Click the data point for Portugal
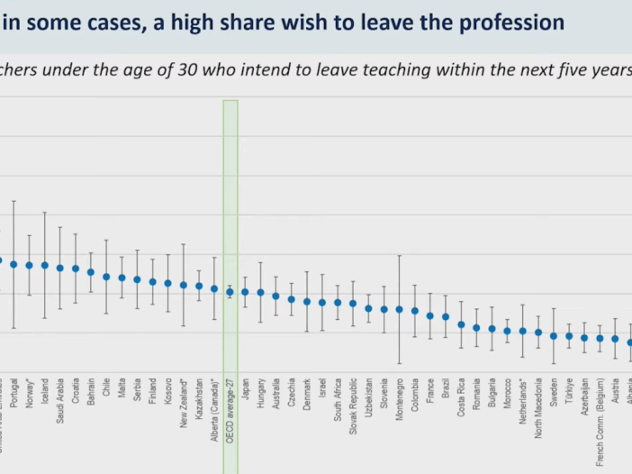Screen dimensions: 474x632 pyautogui.click(x=14, y=264)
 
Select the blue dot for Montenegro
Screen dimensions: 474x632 pyautogui.click(x=400, y=309)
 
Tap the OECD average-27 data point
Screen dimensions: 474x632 pyautogui.click(x=230, y=292)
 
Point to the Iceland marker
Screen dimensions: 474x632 pyautogui.click(x=44, y=266)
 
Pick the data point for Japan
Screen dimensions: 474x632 pyautogui.click(x=245, y=292)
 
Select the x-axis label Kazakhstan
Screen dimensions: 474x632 pyautogui.click(x=199, y=397)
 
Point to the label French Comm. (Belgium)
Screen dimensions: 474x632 pyautogui.click(x=600, y=415)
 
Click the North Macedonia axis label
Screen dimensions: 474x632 pyautogui.click(x=538, y=405)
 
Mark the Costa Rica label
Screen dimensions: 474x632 pyautogui.click(x=461, y=396)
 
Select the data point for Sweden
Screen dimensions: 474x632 pyautogui.click(x=554, y=336)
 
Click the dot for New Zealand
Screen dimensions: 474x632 pyautogui.click(x=184, y=285)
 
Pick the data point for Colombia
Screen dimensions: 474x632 pyautogui.click(x=415, y=311)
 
